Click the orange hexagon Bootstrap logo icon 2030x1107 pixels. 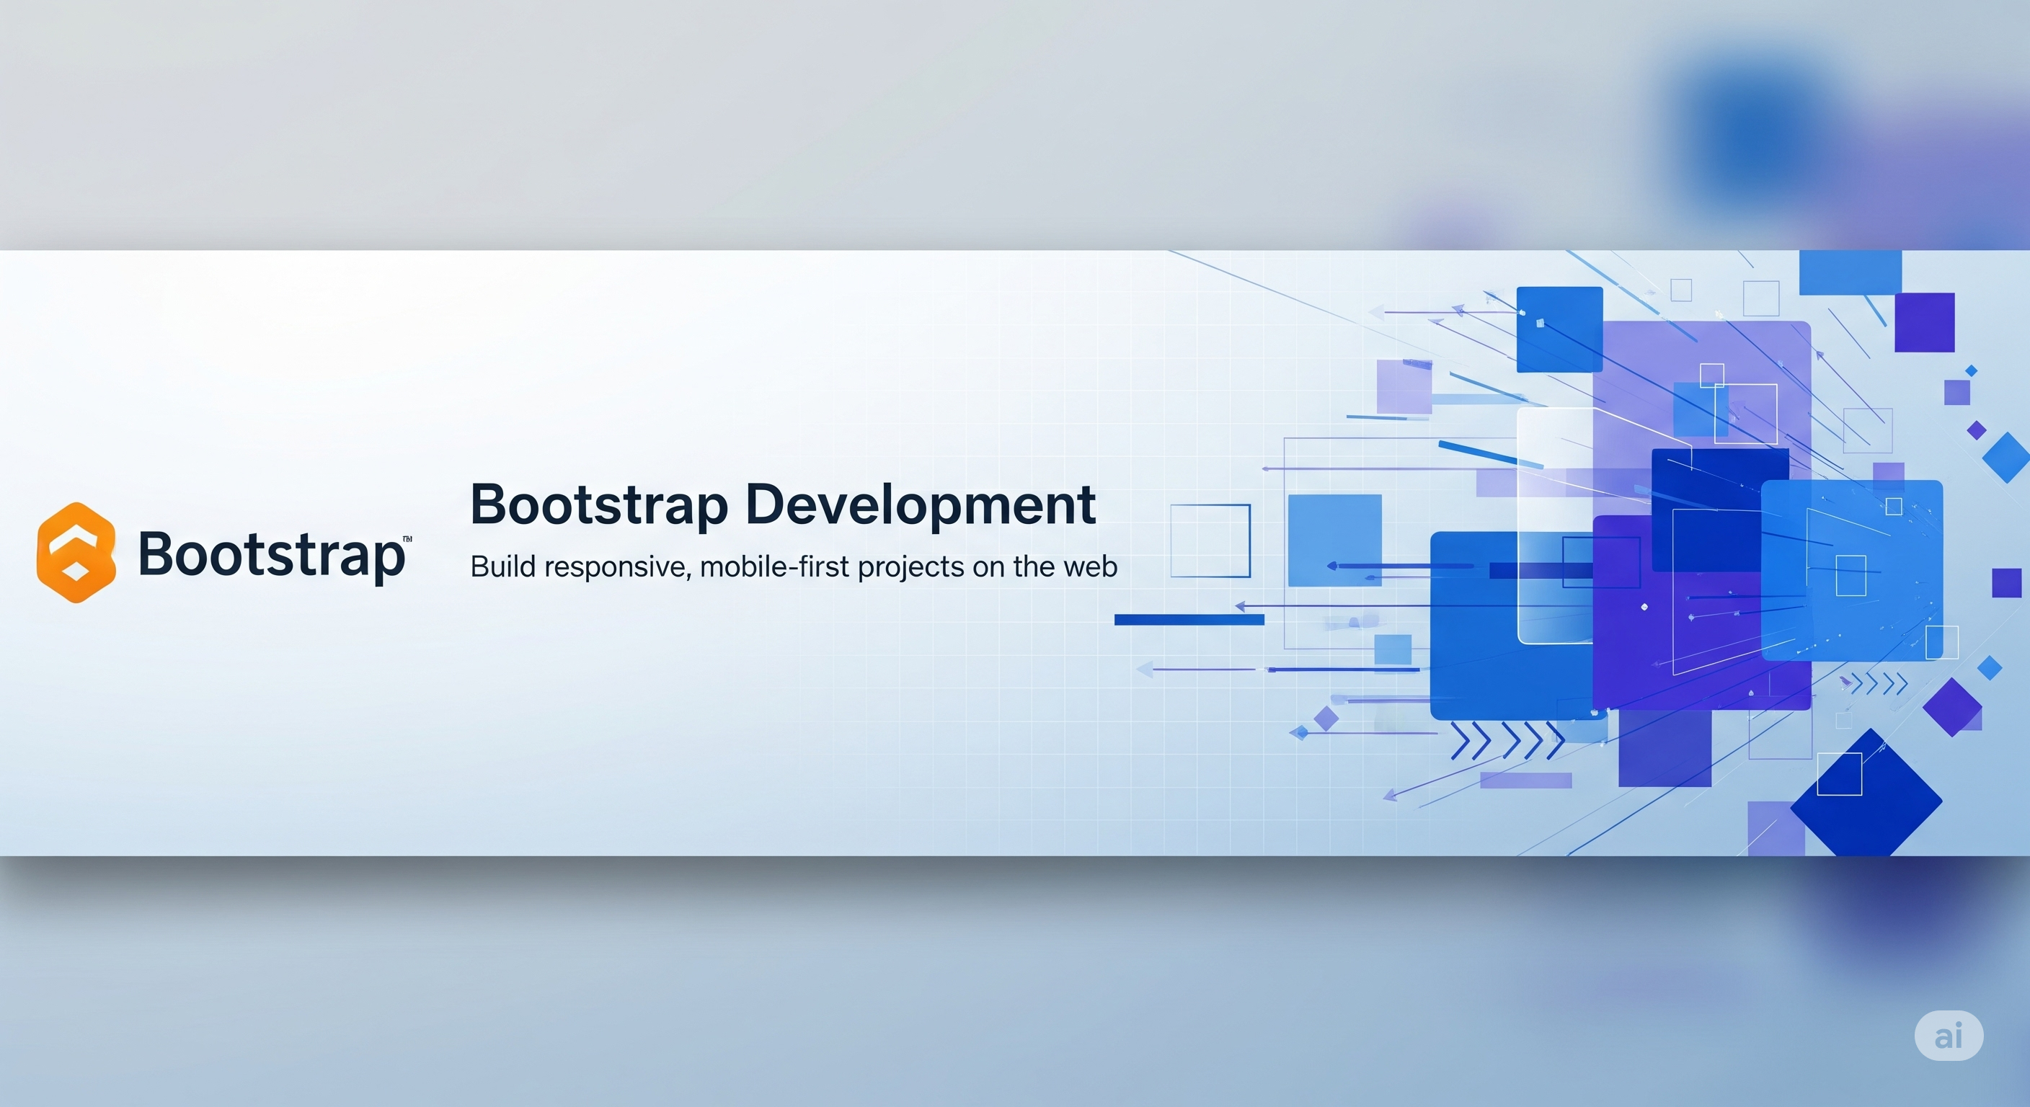[76, 552]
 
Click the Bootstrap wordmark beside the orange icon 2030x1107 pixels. [271, 554]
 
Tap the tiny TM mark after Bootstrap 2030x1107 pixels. [407, 540]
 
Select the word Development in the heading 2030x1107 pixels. [920, 504]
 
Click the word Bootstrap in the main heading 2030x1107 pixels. [599, 504]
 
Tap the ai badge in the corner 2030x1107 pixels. [1948, 1036]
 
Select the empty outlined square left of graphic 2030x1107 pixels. [1210, 541]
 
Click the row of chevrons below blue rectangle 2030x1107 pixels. [1507, 742]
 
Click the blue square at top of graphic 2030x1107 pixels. [1559, 329]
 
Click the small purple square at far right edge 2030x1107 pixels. [2006, 583]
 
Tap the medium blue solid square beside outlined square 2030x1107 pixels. [1334, 541]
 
